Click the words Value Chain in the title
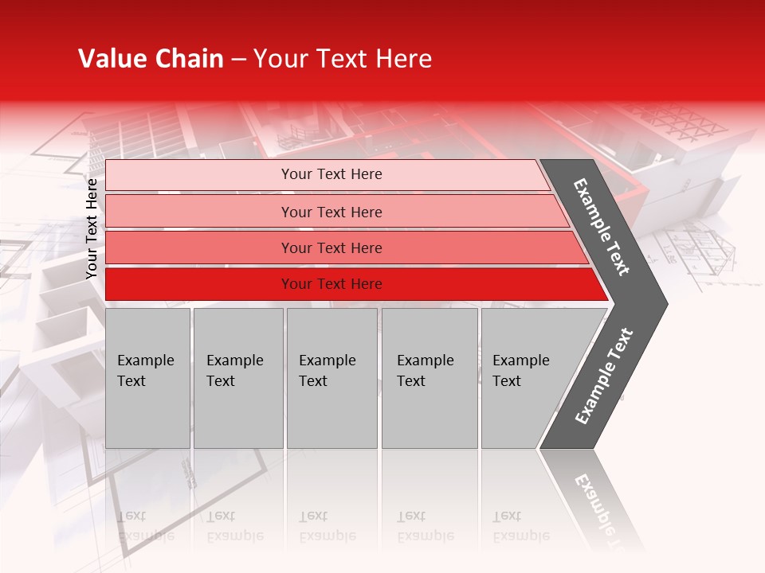pyautogui.click(x=151, y=59)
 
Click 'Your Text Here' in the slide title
pyautogui.click(x=343, y=59)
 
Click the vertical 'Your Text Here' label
pyautogui.click(x=92, y=229)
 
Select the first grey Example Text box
pyautogui.click(x=147, y=378)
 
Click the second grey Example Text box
pyautogui.click(x=237, y=378)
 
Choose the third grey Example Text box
pyautogui.click(x=331, y=378)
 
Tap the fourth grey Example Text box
pyautogui.click(x=429, y=378)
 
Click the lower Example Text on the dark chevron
pyautogui.click(x=604, y=376)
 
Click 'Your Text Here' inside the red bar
pyautogui.click(x=331, y=284)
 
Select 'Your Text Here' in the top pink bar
pyautogui.click(x=331, y=174)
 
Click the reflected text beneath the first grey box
pyautogui.click(x=146, y=526)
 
